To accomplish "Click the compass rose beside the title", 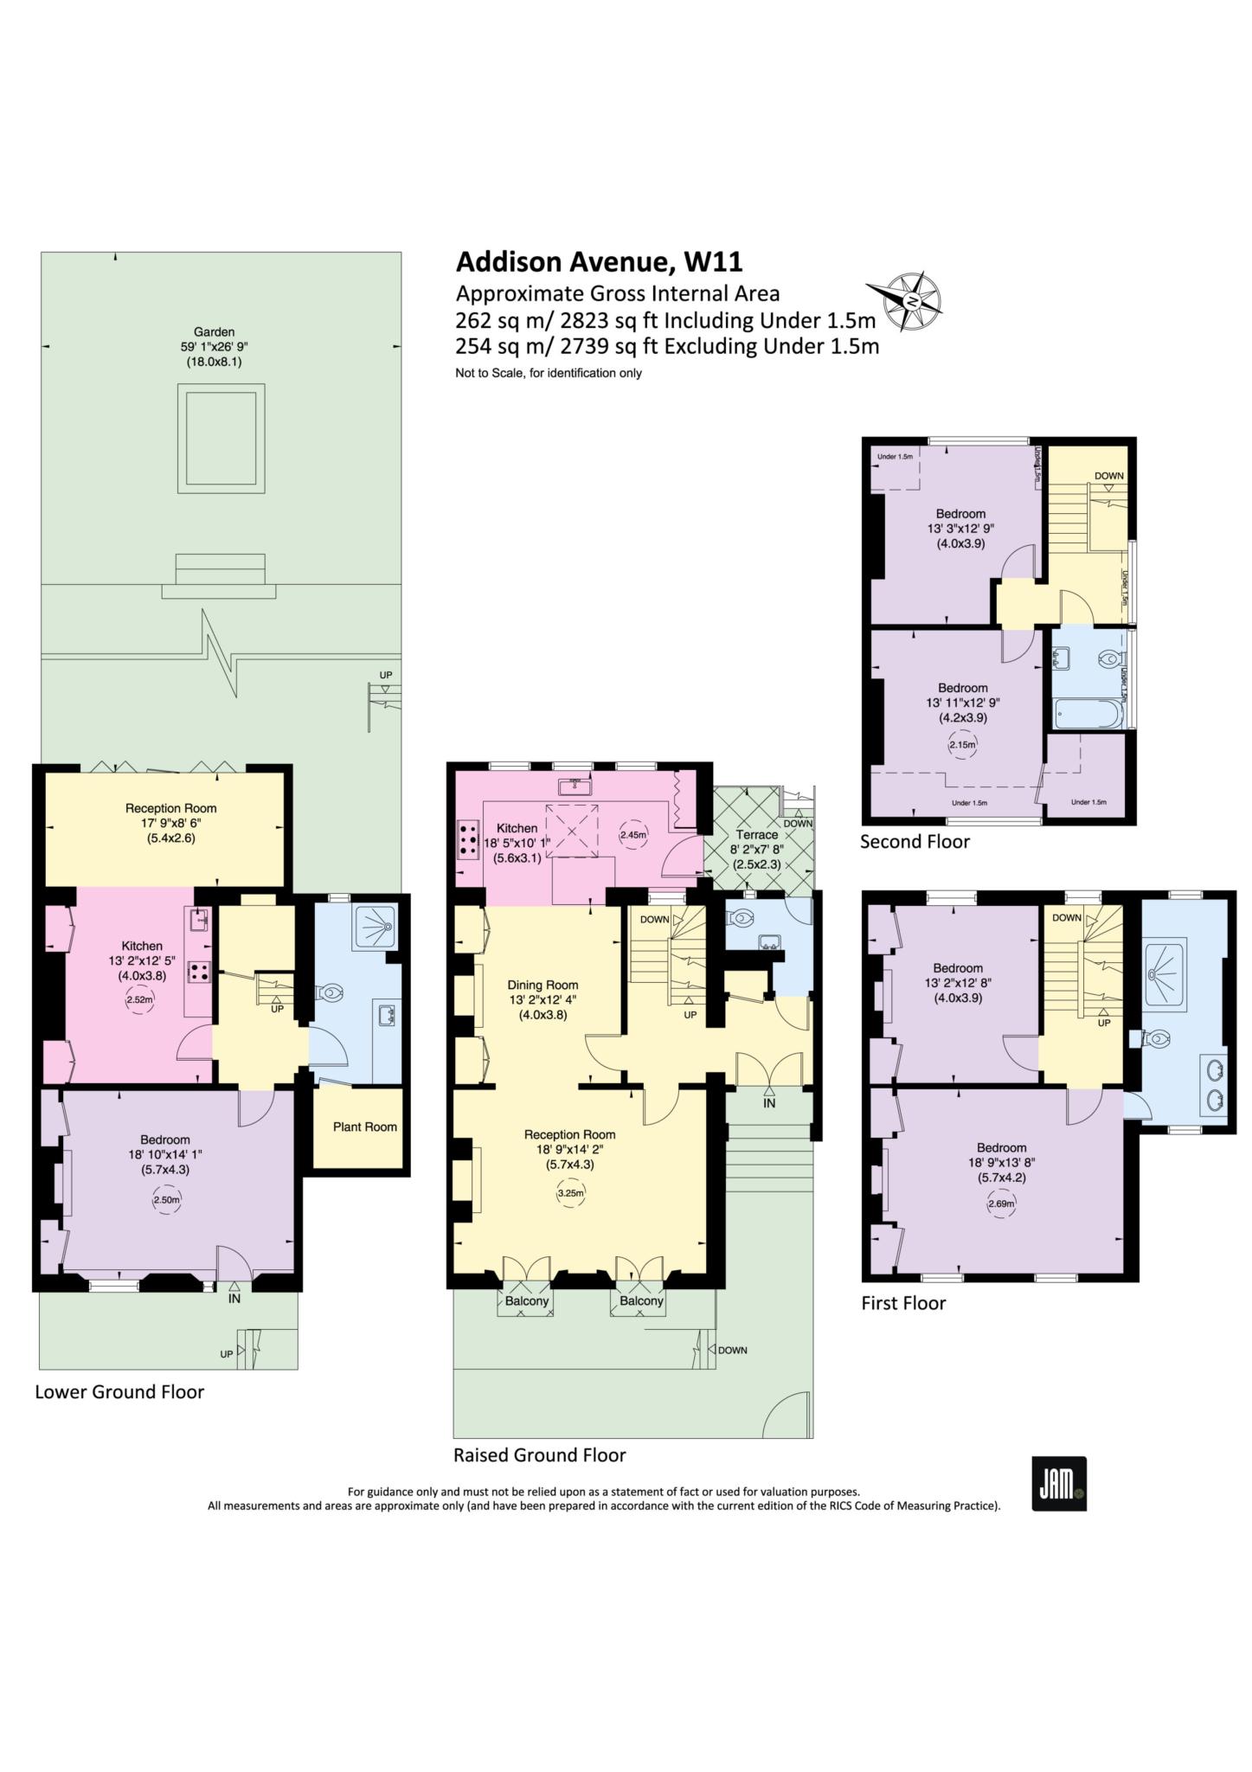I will [913, 301].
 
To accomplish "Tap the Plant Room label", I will [364, 1127].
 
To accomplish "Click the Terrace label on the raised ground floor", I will [757, 835].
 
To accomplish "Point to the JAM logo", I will [1058, 1484].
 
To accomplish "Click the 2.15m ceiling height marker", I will [962, 744].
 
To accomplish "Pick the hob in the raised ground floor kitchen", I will [469, 838].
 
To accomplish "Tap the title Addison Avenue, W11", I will [599, 261].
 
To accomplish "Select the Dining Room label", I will [543, 985].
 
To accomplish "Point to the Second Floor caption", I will [915, 841].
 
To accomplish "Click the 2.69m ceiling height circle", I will [1001, 1204].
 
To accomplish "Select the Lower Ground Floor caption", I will [119, 1392].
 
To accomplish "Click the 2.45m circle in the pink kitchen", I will [633, 836].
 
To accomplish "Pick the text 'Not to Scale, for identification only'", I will [549, 374].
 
